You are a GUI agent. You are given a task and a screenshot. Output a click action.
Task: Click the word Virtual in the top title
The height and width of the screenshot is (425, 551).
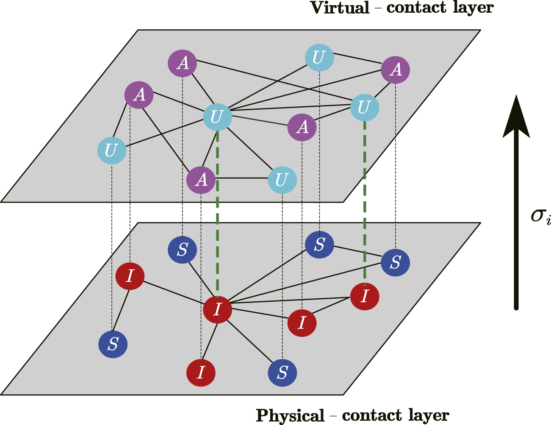point(340,8)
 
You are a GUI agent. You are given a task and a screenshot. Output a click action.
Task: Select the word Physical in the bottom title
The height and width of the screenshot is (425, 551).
point(290,415)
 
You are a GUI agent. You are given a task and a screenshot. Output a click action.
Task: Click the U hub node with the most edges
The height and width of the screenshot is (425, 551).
point(217,117)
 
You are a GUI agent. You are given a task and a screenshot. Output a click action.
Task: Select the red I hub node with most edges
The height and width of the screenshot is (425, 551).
point(217,309)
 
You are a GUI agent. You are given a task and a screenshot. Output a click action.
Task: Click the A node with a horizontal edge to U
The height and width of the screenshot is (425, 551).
point(201,179)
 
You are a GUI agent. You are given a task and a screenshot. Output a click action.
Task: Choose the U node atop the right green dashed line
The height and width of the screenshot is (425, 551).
point(364,107)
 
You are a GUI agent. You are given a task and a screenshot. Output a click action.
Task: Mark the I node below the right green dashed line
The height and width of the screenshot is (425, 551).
point(364,296)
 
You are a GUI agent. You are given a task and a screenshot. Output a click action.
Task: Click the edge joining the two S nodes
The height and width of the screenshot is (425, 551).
point(357,253)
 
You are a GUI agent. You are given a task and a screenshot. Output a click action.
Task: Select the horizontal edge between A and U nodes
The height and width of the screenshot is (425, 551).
point(241,178)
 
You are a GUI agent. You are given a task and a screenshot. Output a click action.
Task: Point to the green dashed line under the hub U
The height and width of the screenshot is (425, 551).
point(217,212)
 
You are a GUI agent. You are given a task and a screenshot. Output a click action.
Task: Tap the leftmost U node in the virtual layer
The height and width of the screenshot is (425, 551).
point(111,150)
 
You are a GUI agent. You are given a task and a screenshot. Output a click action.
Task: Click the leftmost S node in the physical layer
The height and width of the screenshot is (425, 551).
point(113,344)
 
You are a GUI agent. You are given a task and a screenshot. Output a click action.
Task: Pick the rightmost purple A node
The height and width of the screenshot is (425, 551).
point(395,69)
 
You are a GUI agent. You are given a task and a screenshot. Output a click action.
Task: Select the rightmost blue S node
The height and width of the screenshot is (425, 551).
point(395,262)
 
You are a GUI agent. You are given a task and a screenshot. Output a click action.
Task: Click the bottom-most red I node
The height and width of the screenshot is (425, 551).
point(201,372)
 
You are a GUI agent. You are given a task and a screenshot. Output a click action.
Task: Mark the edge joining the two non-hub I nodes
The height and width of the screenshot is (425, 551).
point(333,310)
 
